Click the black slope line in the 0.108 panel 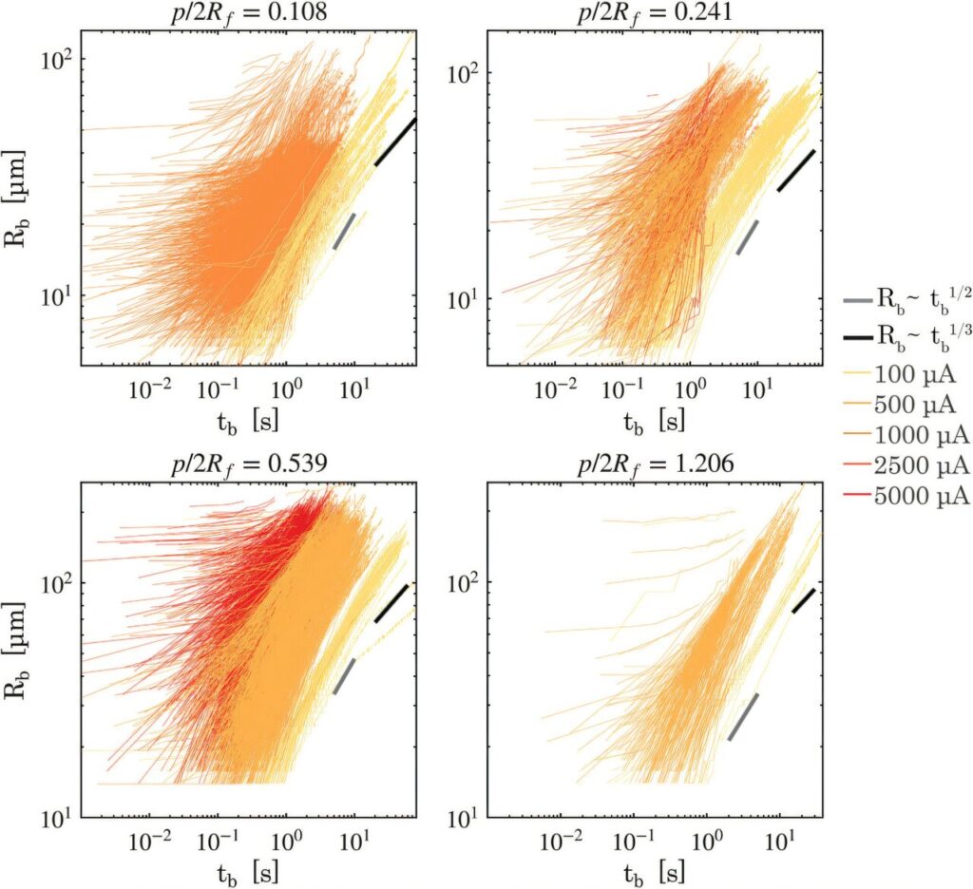(395, 142)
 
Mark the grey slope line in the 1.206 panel (743, 716)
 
